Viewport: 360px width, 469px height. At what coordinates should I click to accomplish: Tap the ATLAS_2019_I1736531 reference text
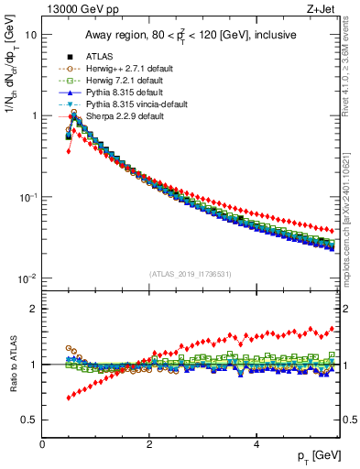pyautogui.click(x=191, y=274)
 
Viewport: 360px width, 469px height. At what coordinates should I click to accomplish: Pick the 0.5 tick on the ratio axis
pyautogui.click(x=29, y=420)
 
